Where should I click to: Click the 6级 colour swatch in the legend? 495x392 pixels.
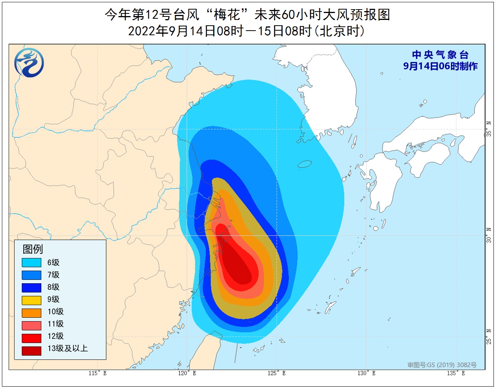31,263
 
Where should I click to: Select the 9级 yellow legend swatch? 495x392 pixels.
31,300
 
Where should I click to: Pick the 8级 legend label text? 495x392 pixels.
54,287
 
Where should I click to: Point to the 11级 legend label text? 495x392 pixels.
55,324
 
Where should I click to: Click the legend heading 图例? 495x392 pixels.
33,249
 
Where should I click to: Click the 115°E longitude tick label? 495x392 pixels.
98,373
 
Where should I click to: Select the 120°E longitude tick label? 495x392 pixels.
187,373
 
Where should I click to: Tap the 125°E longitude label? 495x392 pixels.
277,373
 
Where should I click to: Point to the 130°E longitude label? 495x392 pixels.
367,373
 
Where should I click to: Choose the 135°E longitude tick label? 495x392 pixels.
456,373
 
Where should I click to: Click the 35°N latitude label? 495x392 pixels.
489,129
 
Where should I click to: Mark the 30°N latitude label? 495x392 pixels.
489,235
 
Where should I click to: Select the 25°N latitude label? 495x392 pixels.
489,336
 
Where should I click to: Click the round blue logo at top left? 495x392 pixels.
29,62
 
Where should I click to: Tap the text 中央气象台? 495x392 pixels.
440,55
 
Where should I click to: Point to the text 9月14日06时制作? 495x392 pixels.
440,66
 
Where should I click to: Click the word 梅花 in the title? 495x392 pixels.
227,15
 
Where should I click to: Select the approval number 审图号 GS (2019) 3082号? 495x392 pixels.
442,365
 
